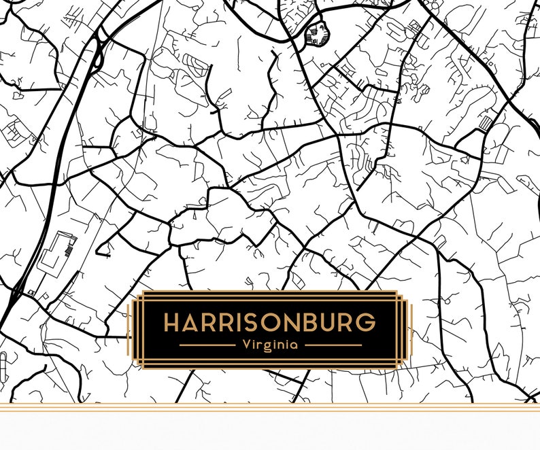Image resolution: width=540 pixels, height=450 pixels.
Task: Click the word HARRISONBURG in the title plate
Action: click(269, 322)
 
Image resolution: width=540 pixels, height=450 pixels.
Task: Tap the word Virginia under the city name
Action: click(270, 345)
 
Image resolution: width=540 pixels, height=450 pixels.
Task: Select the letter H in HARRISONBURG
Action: click(173, 322)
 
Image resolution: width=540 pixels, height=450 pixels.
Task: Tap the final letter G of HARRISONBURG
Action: click(365, 322)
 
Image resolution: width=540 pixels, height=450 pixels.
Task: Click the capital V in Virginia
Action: click(246, 345)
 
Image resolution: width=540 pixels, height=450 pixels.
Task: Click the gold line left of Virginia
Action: click(207, 345)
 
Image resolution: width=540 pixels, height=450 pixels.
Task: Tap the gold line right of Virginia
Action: click(333, 345)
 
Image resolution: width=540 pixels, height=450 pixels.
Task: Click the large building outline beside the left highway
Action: click(58, 252)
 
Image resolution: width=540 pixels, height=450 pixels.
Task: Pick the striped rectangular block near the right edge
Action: click(485, 123)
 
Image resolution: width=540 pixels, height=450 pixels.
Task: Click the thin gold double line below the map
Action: click(270, 409)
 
